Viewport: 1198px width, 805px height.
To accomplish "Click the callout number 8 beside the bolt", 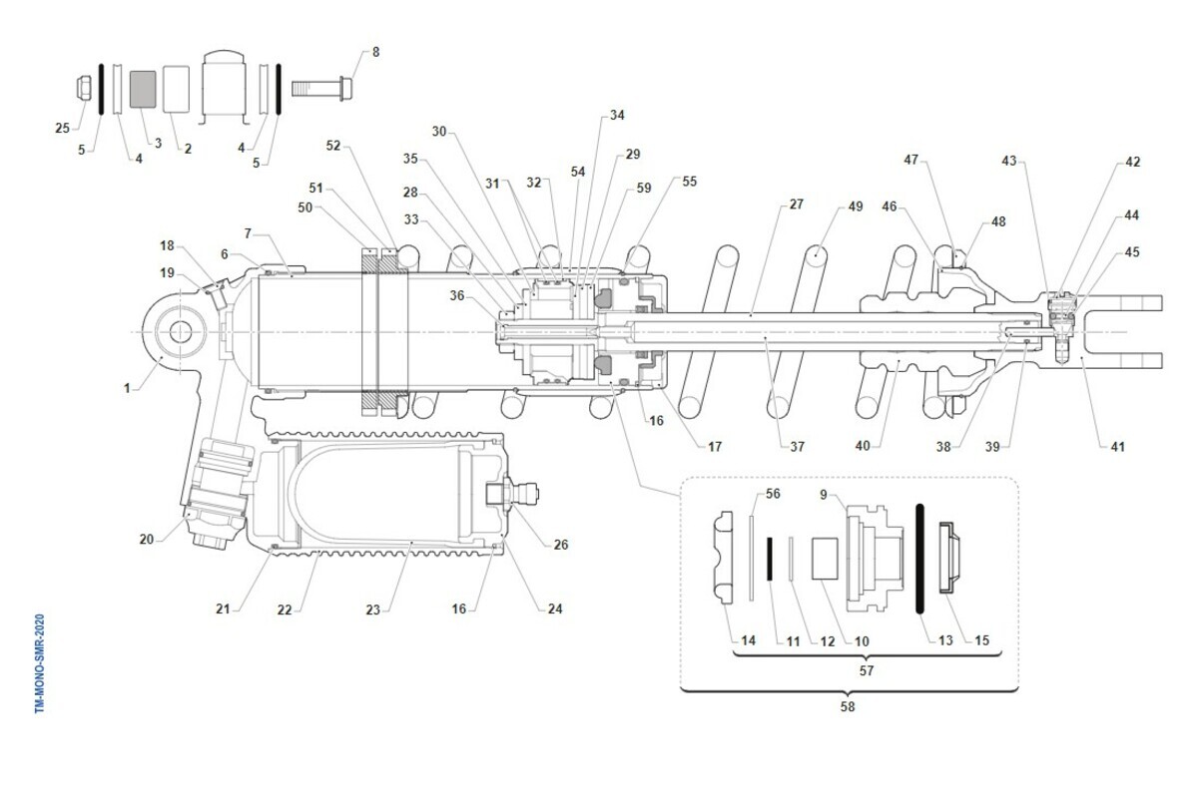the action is click(x=376, y=52).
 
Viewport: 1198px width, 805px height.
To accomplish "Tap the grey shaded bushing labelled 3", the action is click(x=143, y=89).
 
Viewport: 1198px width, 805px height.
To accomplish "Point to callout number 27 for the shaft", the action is click(x=797, y=204).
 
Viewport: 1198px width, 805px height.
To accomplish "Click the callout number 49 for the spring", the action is click(x=856, y=206).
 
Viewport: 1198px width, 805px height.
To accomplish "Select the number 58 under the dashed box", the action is click(x=848, y=706).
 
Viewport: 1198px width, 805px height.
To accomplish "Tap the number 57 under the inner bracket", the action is click(x=867, y=670).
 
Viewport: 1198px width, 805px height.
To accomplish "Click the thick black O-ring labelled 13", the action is click(x=919, y=559).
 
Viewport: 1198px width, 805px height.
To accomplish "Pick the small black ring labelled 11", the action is click(x=770, y=560).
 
